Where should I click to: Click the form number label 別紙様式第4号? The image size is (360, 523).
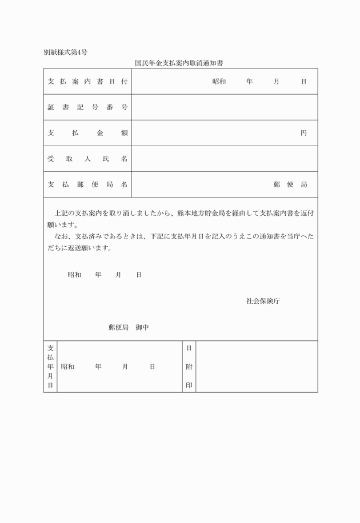click(65, 53)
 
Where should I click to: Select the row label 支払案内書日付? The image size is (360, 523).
click(87, 82)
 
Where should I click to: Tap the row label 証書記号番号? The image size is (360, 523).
click(87, 107)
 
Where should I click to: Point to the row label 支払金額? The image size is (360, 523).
click(87, 133)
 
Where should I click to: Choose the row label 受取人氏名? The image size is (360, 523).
click(87, 159)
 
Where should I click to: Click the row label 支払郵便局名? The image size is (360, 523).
click(87, 184)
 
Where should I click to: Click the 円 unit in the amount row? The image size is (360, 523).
click(304, 133)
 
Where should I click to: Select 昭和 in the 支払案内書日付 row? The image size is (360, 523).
click(219, 82)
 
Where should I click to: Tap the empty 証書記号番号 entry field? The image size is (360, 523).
click(224, 107)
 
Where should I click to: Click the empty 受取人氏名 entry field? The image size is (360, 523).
click(224, 159)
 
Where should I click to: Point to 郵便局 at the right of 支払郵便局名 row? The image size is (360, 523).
click(290, 184)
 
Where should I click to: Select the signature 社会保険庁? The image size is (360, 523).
click(263, 300)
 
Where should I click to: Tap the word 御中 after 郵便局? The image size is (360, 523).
click(142, 327)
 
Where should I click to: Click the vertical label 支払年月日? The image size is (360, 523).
click(50, 367)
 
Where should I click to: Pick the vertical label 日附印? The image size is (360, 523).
click(189, 367)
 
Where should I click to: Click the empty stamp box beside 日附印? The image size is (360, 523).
click(256, 367)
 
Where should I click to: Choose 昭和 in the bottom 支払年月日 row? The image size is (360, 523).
click(67, 367)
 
